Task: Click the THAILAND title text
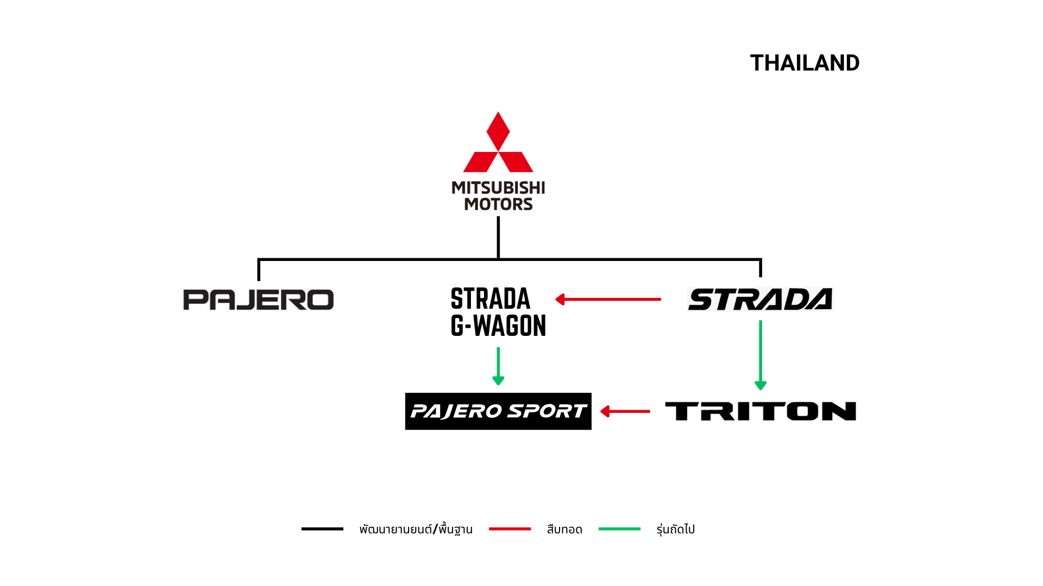pos(805,63)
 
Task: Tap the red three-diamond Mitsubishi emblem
pos(498,142)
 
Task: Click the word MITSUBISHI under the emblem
pos(498,188)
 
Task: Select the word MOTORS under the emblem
pos(498,204)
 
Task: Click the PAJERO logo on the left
pos(259,300)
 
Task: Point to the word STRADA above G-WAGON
pos(491,299)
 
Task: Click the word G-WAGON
pos(498,326)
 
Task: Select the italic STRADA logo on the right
pos(760,299)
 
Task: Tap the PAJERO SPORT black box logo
pos(498,411)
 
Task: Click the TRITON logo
pos(761,411)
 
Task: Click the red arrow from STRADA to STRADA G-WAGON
pos(608,299)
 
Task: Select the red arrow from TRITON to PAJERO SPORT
pos(625,411)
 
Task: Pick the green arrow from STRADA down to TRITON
pos(761,355)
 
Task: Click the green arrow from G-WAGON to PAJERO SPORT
pos(498,366)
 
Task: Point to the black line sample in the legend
pos(322,528)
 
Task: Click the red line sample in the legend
pos(510,528)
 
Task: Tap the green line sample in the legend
pos(619,528)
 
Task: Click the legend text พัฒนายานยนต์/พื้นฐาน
pos(416,529)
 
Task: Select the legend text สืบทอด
pos(564,529)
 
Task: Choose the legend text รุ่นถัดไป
pos(675,529)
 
